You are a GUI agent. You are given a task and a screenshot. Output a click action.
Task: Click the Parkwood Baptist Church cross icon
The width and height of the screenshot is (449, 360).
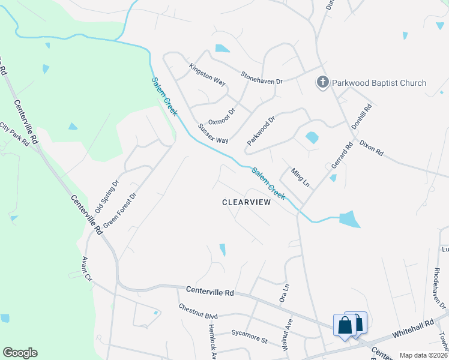(322, 83)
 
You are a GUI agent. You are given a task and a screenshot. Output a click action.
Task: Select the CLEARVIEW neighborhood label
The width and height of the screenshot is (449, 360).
(247, 202)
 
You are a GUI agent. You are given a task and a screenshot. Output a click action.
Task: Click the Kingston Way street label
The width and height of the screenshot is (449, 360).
(207, 76)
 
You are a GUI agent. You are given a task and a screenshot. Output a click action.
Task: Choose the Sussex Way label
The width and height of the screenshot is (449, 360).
(213, 134)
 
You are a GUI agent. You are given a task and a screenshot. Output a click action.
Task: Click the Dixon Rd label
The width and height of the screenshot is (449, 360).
(371, 148)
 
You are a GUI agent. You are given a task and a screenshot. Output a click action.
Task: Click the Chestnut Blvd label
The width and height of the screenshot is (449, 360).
(197, 311)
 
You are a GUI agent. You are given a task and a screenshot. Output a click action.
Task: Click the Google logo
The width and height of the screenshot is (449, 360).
(20, 353)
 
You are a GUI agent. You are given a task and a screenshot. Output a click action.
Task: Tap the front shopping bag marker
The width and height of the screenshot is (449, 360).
(345, 326)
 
